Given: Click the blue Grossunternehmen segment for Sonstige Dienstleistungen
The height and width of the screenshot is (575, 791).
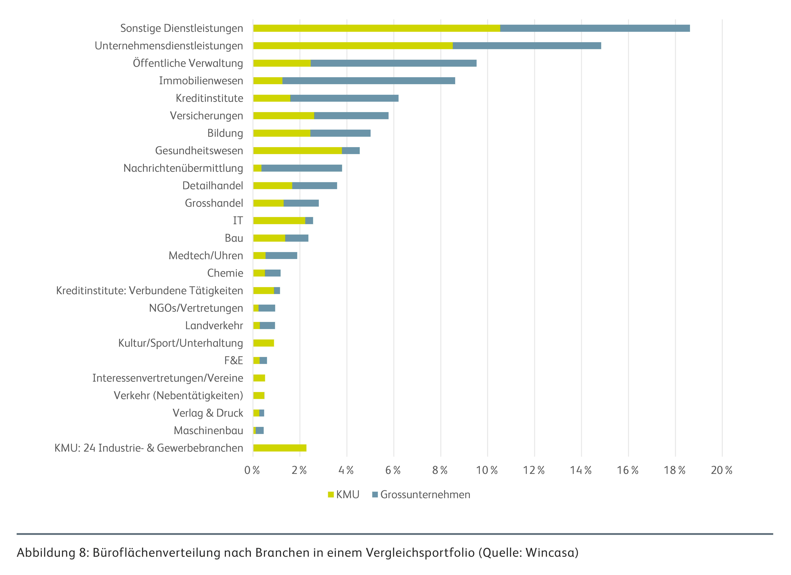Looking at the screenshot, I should [x=595, y=28].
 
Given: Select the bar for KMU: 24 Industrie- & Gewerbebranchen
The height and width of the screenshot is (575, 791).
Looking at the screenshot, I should [x=280, y=448].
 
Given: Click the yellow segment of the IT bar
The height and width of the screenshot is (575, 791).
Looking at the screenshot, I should [x=279, y=221].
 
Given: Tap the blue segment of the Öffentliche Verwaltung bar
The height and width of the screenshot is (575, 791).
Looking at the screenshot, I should [x=393, y=63].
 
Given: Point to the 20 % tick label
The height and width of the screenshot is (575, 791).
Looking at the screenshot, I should [x=722, y=470].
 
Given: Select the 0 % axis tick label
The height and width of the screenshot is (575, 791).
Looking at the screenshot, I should [x=252, y=470].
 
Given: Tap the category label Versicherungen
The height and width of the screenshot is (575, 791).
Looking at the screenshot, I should [x=206, y=116].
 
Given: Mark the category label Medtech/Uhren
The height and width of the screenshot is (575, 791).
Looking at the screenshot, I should [x=206, y=256].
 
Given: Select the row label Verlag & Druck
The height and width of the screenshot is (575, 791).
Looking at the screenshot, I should [x=208, y=413].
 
